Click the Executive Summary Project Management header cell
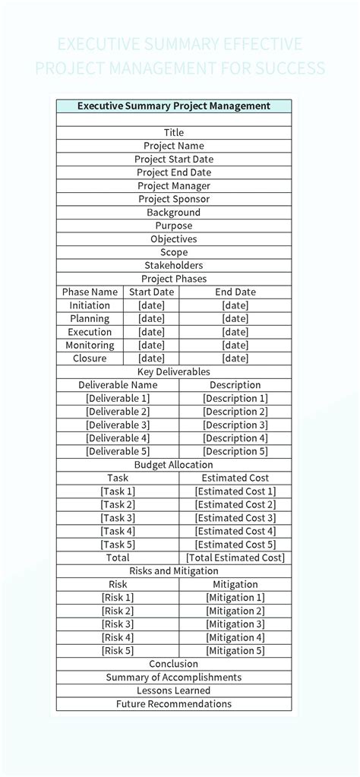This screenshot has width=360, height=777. pyautogui.click(x=173, y=106)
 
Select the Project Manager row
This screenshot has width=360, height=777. pyautogui.click(x=173, y=186)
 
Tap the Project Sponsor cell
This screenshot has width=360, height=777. pyautogui.click(x=173, y=199)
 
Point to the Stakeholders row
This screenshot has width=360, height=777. pyautogui.click(x=173, y=266)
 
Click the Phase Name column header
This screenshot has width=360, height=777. pyautogui.click(x=90, y=292)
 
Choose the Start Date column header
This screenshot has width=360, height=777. pyautogui.click(x=151, y=292)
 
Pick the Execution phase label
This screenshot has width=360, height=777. pyautogui.click(x=90, y=332)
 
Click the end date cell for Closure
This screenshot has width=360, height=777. pyautogui.click(x=235, y=358)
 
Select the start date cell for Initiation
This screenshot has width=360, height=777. pyautogui.click(x=151, y=305)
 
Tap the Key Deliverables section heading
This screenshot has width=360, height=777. pyautogui.click(x=173, y=372)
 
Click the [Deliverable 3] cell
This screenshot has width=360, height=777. pyautogui.click(x=118, y=425)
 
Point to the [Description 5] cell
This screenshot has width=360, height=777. pyautogui.click(x=235, y=452)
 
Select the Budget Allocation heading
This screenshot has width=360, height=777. pyautogui.click(x=173, y=465)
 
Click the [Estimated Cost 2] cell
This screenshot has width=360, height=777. pyautogui.click(x=235, y=505)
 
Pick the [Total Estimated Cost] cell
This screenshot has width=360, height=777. pyautogui.click(x=235, y=558)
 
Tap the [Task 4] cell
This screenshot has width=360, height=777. pyautogui.click(x=118, y=532)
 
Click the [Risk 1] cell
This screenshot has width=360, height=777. pyautogui.click(x=118, y=598)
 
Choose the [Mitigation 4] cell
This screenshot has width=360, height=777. pyautogui.click(x=235, y=638)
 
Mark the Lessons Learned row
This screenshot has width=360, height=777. pyautogui.click(x=173, y=691)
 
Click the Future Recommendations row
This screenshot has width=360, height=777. pyautogui.click(x=173, y=704)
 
